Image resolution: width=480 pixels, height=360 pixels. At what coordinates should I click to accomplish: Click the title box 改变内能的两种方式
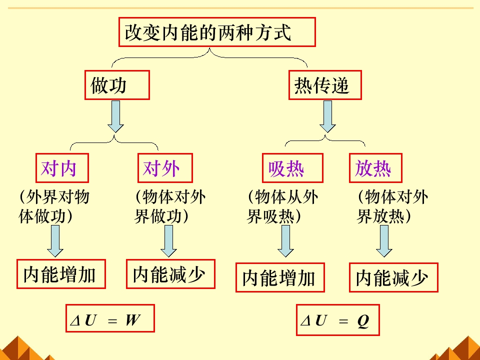point(217,32)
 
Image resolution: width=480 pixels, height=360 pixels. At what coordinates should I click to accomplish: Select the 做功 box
point(117,85)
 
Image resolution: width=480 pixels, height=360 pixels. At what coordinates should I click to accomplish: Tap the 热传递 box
point(325,86)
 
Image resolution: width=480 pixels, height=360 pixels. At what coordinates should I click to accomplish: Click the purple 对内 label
point(62,168)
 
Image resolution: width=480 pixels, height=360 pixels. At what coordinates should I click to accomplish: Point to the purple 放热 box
point(375,168)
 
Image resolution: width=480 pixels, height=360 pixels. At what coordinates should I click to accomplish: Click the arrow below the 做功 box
point(116,116)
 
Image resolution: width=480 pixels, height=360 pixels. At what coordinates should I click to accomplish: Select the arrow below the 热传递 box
point(327,116)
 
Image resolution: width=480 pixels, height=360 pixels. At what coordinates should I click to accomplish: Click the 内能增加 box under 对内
point(61,274)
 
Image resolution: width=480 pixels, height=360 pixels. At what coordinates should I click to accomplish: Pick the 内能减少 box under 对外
point(170,274)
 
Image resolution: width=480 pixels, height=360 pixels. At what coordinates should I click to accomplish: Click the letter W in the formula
point(132,320)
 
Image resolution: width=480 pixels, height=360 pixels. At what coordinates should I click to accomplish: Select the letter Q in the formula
point(363,320)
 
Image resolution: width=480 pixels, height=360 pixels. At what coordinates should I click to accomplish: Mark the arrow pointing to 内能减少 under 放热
point(384,240)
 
